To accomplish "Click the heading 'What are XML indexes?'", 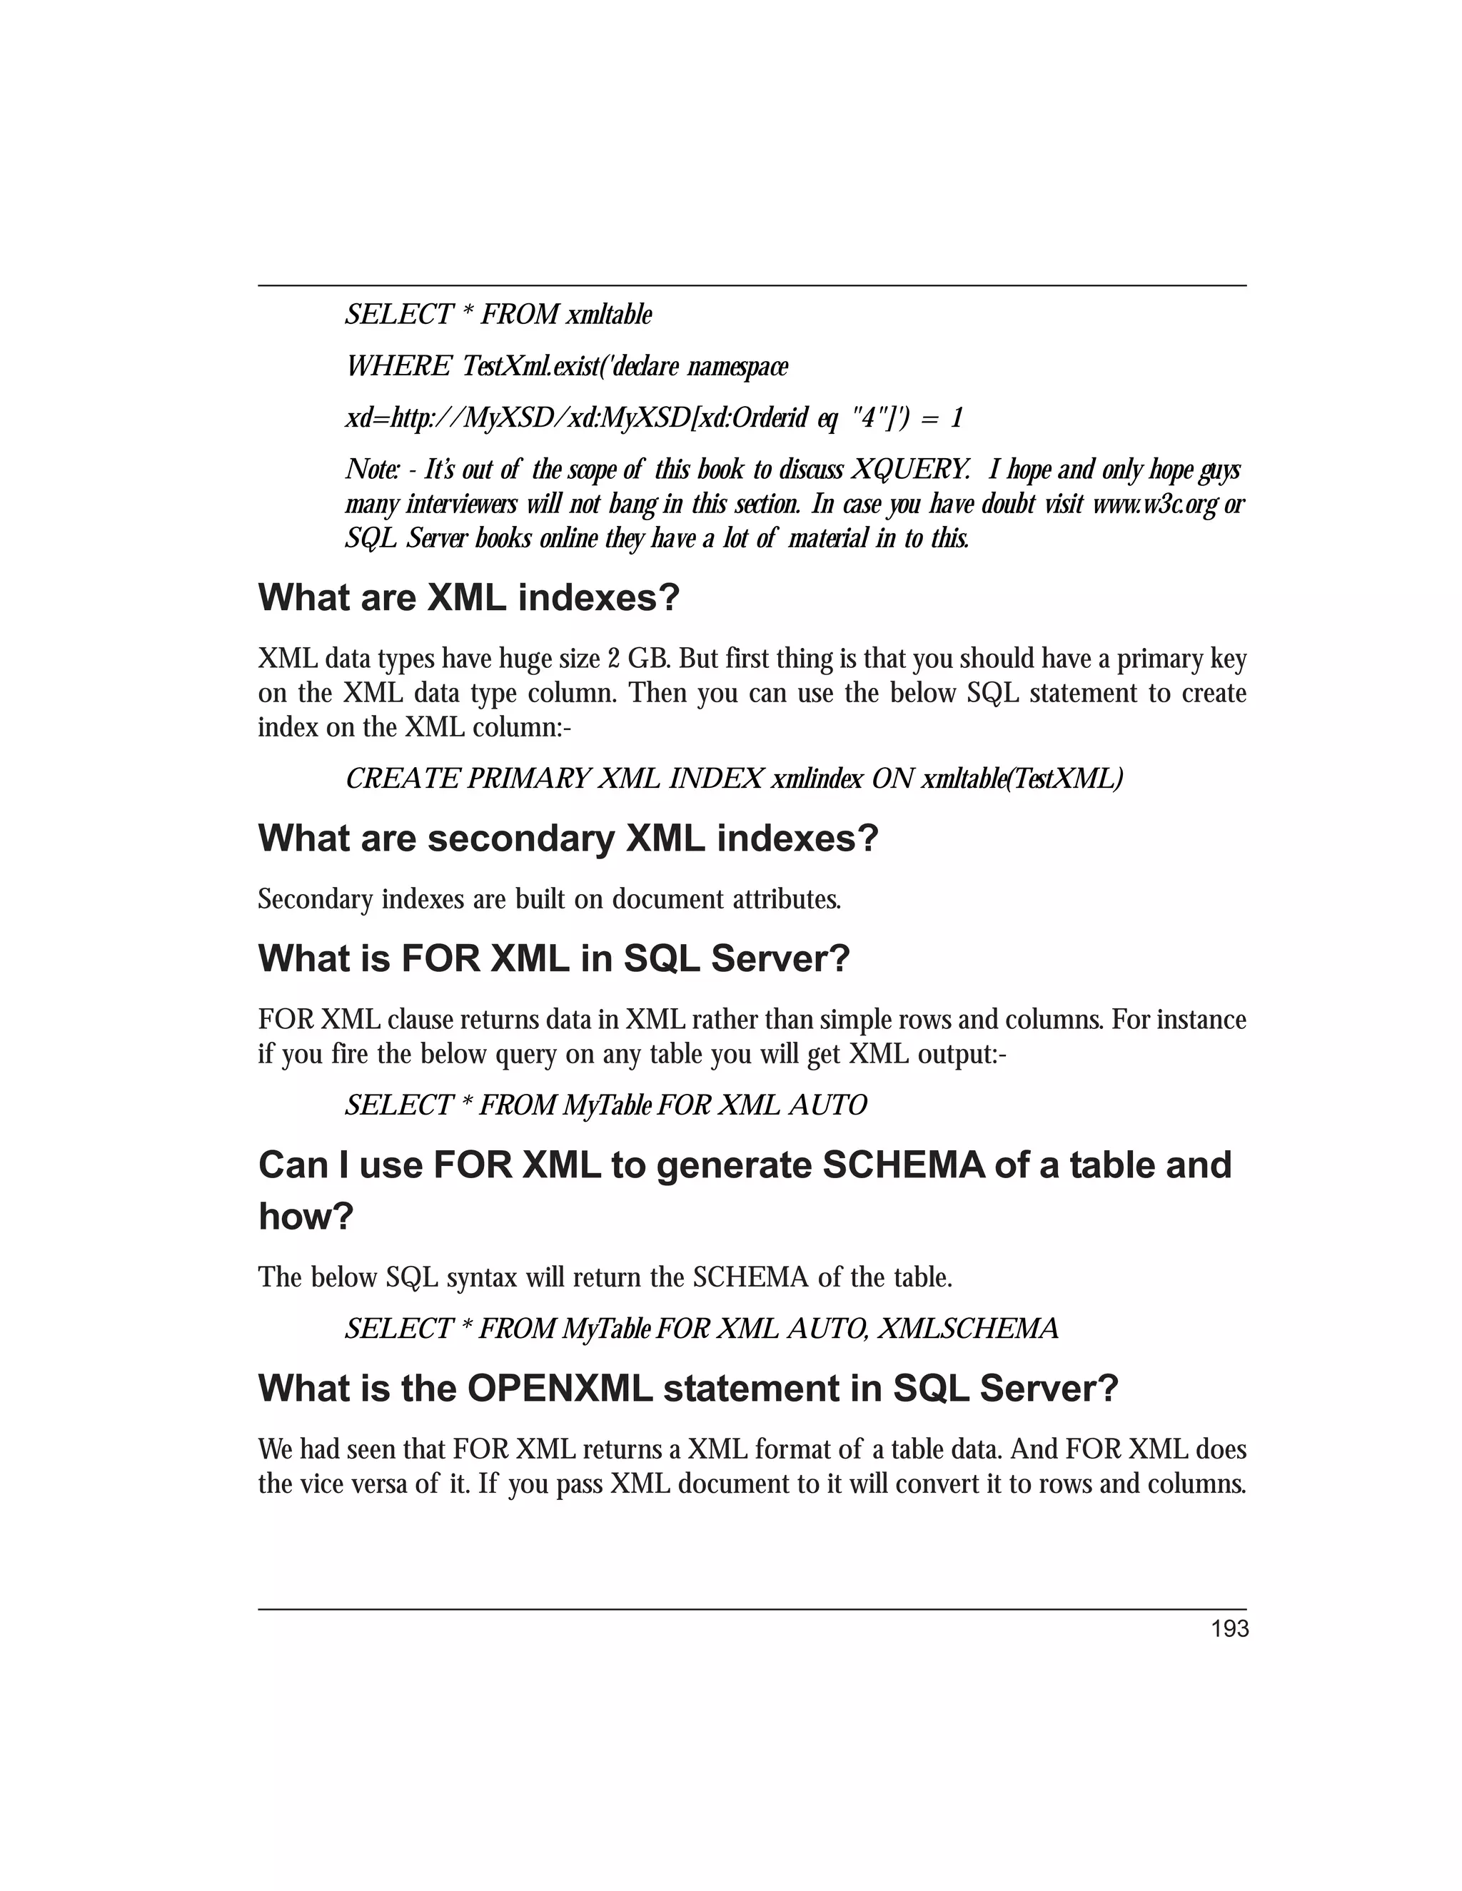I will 468,598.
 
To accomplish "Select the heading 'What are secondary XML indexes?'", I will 568,838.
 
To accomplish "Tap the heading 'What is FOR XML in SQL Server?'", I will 554,958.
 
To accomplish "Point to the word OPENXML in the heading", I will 559,1389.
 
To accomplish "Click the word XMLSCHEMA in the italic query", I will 967,1328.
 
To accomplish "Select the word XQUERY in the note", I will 909,470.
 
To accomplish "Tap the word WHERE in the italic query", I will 398,366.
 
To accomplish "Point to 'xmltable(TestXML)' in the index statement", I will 1022,779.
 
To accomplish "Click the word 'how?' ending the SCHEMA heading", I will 306,1217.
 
